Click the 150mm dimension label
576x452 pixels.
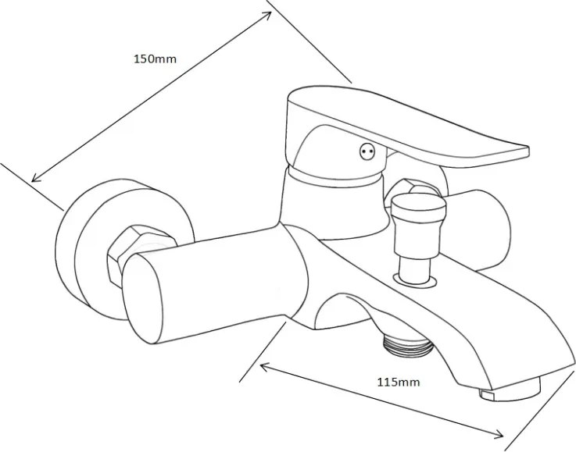pos(155,59)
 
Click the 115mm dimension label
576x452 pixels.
pos(399,383)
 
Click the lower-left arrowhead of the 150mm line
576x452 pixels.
pos(35,178)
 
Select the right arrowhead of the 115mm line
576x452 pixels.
pos(499,435)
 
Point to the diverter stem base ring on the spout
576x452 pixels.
pos(415,279)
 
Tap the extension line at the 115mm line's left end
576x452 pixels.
pos(263,352)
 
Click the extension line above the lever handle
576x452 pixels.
pos(309,41)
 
